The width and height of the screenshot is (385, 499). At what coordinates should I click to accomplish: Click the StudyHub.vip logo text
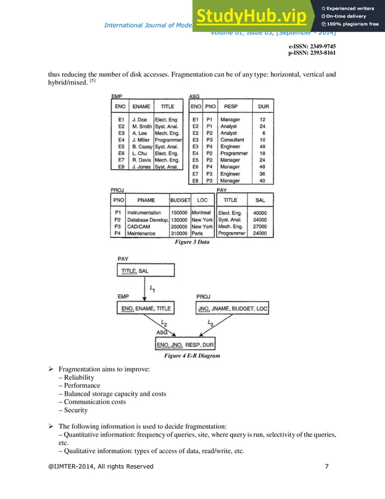point(255,16)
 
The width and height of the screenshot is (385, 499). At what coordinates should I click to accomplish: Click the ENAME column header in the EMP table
point(141,106)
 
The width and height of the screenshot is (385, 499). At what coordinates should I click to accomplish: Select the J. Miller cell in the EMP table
point(142,140)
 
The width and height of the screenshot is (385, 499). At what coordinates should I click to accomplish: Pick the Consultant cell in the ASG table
point(232,140)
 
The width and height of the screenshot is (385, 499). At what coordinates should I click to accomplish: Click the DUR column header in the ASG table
point(263,106)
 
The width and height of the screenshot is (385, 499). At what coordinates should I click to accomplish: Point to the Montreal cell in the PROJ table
point(201,213)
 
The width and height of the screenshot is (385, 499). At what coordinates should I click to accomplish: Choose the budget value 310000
point(179,233)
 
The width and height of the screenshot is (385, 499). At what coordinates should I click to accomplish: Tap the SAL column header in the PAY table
point(261,200)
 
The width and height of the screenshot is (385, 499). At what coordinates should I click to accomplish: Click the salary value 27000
point(261,227)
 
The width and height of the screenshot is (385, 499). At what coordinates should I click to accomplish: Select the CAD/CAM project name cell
point(138,227)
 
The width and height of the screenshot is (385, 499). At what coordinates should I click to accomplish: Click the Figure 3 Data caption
point(192,242)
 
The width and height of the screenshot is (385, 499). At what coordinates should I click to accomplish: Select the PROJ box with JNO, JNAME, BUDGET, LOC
point(232,309)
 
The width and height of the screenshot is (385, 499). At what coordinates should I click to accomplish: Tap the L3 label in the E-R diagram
point(210,324)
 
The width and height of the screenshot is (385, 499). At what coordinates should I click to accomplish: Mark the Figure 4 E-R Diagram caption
point(192,356)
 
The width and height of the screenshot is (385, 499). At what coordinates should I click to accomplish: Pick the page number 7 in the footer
point(326,466)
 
